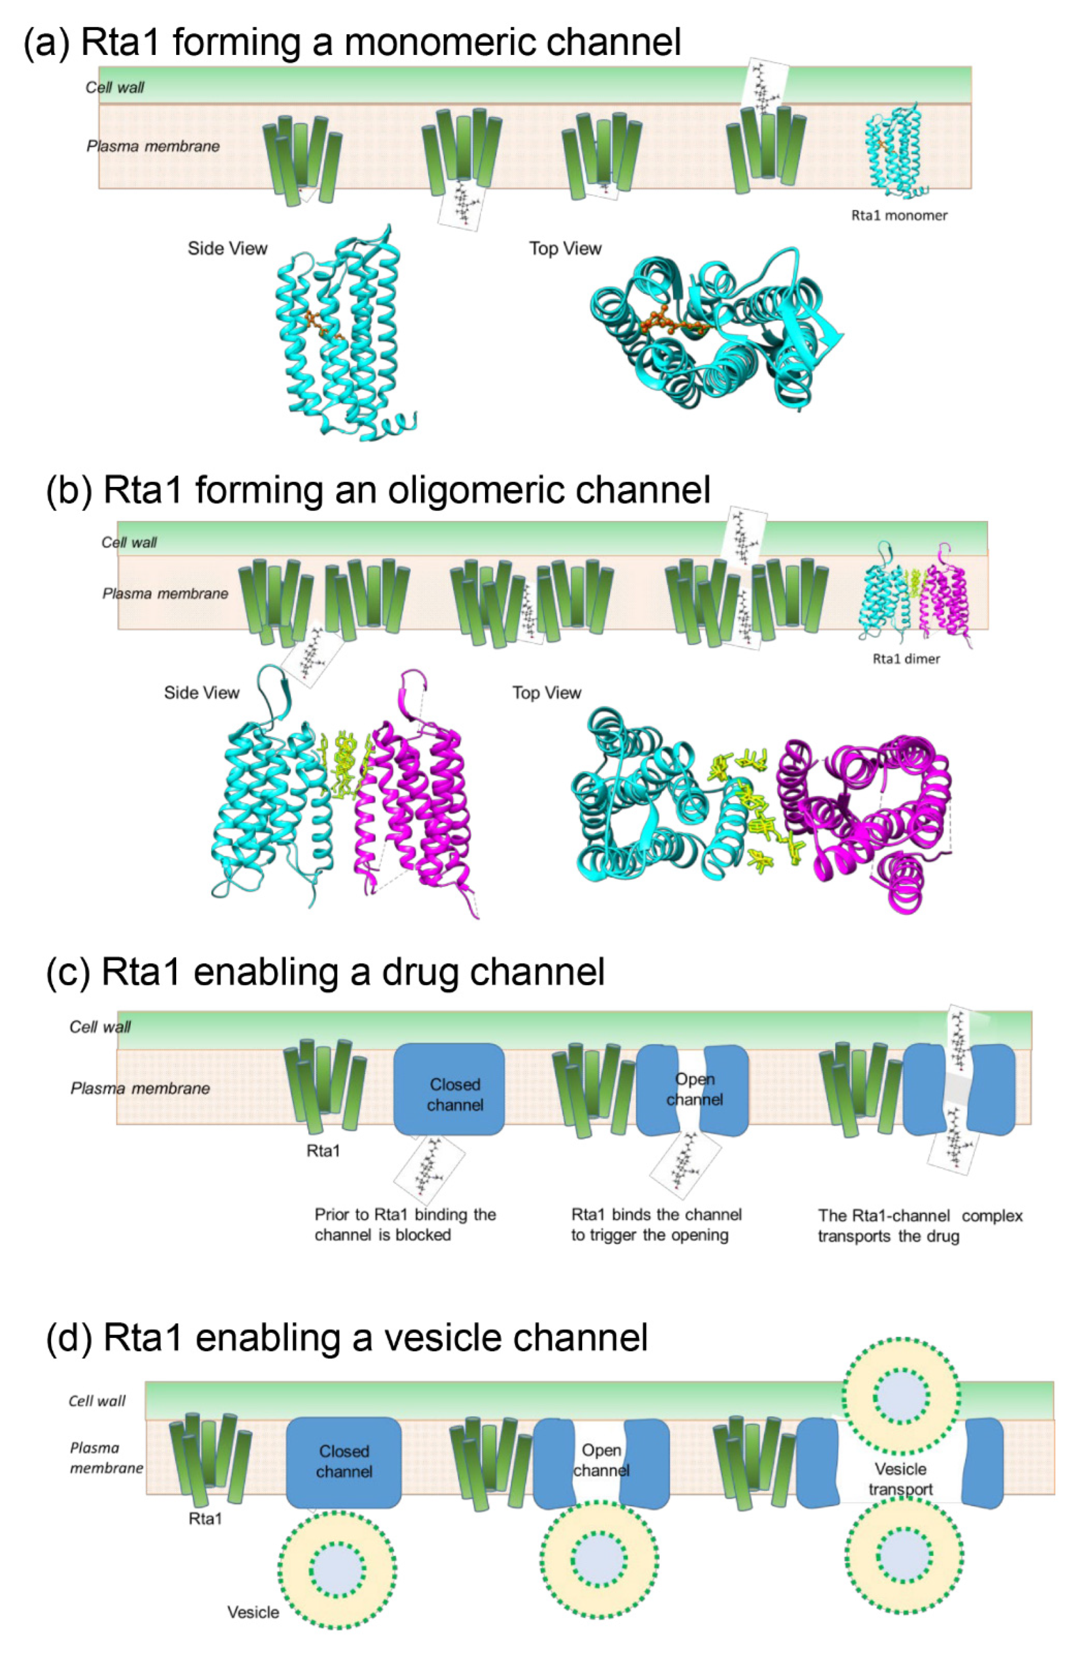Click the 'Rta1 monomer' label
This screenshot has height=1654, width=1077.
898,216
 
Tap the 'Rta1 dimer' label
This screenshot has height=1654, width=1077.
906,659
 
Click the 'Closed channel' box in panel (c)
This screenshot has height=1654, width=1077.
449,1089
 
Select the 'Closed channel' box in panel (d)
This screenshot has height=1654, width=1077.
343,1462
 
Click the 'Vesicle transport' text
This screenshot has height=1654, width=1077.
900,1479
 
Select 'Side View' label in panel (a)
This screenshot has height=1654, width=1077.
227,249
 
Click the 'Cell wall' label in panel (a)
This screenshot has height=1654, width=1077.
115,88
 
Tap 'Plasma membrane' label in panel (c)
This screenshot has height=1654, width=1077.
140,1088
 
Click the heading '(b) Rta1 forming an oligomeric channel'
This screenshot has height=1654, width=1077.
379,490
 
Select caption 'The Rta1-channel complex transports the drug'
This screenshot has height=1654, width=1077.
919,1225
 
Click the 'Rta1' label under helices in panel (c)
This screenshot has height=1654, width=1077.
323,1151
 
